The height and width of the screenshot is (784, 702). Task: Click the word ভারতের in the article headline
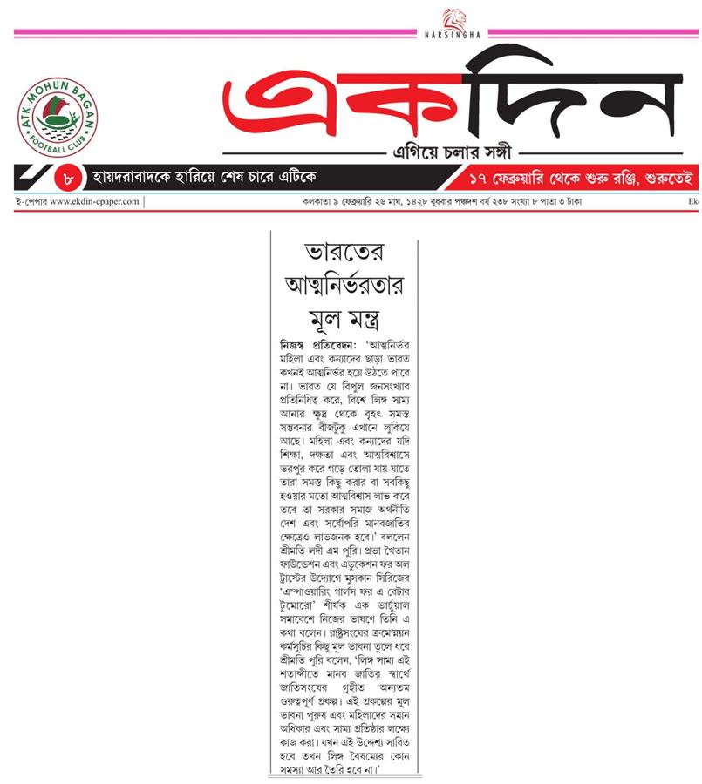coord(344,255)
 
